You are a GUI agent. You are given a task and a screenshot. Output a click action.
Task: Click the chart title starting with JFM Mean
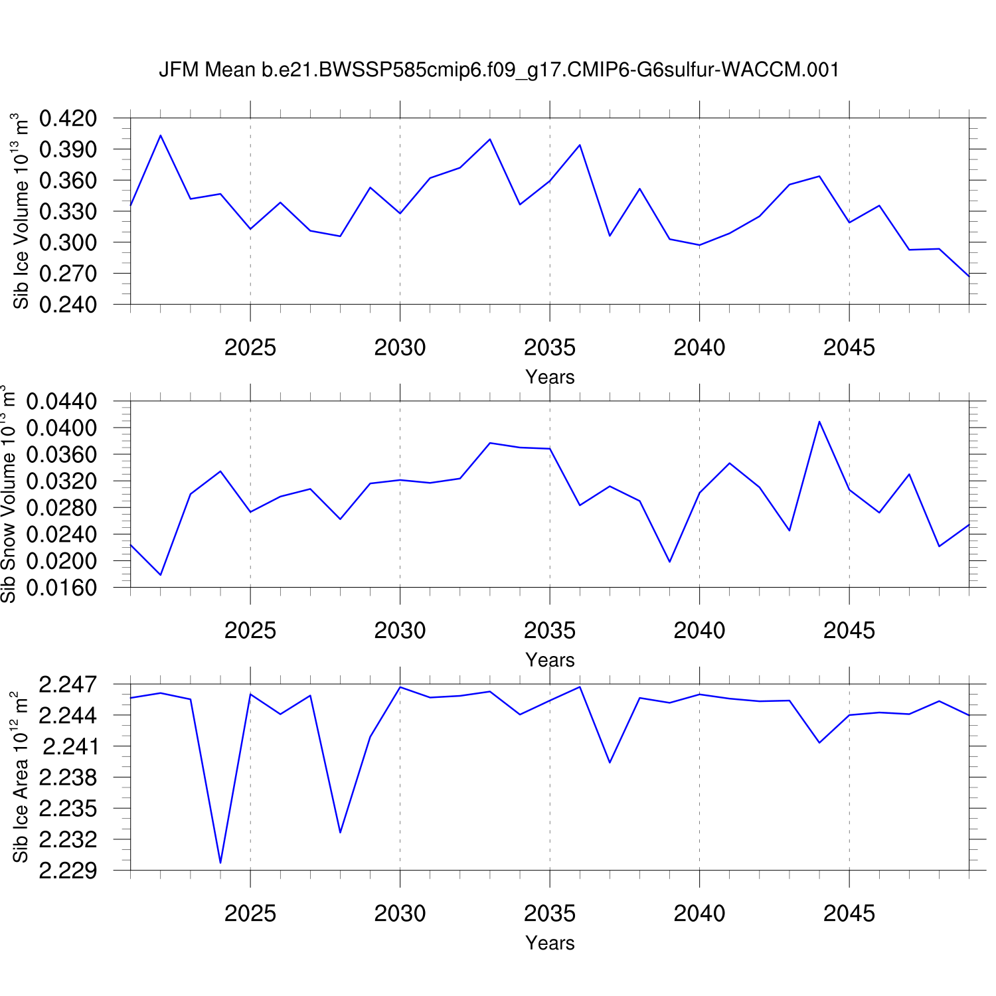[499, 70]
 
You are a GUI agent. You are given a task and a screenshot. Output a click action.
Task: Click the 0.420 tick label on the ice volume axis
[68, 119]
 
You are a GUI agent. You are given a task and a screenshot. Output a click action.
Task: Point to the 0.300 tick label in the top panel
[68, 242]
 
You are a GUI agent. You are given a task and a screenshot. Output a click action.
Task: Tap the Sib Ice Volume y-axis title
[21, 211]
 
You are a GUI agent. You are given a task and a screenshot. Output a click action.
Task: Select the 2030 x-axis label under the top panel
[400, 347]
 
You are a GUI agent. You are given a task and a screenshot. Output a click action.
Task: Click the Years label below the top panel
[550, 377]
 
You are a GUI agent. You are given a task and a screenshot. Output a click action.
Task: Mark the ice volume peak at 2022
[161, 135]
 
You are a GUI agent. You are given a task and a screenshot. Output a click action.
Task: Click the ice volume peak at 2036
[580, 145]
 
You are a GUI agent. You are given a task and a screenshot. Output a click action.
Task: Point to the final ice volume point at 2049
[969, 276]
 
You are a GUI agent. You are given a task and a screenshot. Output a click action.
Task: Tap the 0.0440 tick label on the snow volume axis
[61, 402]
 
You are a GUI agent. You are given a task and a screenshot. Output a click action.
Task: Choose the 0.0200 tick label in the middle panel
[61, 561]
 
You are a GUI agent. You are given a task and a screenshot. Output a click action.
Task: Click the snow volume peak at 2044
[819, 422]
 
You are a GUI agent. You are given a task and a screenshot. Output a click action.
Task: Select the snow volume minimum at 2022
[161, 574]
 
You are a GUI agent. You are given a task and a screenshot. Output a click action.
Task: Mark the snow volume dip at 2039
[669, 562]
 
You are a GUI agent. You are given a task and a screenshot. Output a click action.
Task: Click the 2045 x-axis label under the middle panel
[849, 630]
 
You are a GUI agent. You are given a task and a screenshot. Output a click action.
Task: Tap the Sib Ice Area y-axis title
[21, 777]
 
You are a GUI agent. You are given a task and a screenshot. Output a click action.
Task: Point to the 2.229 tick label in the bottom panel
[68, 871]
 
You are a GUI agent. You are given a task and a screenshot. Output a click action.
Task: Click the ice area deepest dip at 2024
[220, 863]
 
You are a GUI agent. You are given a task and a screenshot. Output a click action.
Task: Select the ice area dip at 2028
[340, 832]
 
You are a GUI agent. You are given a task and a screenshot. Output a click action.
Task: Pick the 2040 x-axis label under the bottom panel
[699, 914]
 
